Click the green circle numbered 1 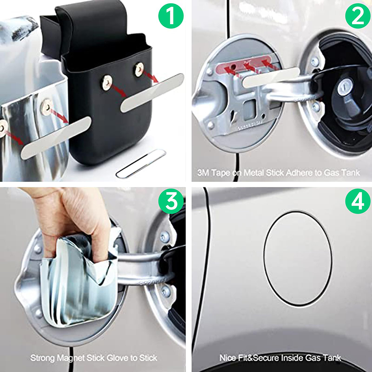click(x=171, y=16)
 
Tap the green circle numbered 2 click(x=358, y=16)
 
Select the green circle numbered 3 click(x=171, y=201)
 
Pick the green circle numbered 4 click(x=358, y=201)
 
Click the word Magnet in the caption click(x=71, y=358)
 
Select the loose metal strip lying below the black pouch click(x=141, y=163)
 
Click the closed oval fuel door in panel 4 click(x=298, y=259)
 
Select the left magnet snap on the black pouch click(x=107, y=82)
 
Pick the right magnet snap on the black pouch click(x=139, y=69)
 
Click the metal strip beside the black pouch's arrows click(x=152, y=93)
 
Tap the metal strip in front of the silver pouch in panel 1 click(x=56, y=138)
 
